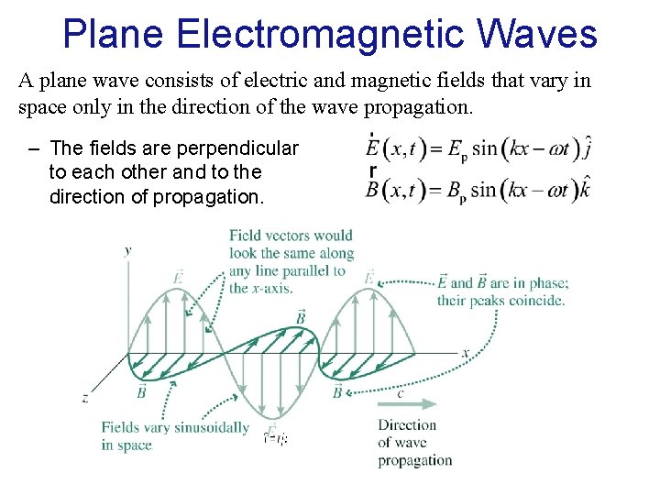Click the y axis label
tap(127, 248)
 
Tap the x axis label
tap(465, 352)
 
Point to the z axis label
tap(84, 398)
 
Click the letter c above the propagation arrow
tap(400, 391)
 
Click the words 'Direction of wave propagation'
tap(414, 443)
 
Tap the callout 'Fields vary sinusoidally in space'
tap(175, 436)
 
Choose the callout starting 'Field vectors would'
tap(291, 261)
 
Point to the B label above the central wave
tap(300, 318)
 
